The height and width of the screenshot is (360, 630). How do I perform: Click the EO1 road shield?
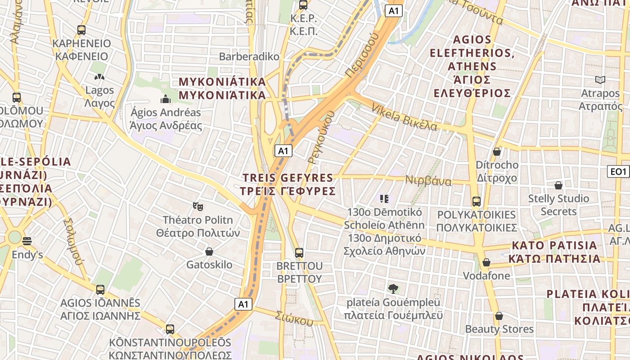(618, 171)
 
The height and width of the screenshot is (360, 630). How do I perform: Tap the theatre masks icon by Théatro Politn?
(198, 207)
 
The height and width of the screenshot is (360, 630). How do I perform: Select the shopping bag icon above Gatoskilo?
(209, 252)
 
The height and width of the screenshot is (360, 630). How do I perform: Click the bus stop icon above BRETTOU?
(299, 252)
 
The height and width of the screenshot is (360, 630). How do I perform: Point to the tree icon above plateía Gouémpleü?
(393, 288)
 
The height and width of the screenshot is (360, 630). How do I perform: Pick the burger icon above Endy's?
(27, 242)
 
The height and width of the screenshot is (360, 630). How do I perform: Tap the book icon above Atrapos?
(600, 80)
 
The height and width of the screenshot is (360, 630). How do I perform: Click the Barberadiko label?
(249, 57)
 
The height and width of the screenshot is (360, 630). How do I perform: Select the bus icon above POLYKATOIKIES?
(476, 201)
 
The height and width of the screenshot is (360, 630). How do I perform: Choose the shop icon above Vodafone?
(486, 262)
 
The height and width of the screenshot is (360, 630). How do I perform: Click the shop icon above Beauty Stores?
(499, 316)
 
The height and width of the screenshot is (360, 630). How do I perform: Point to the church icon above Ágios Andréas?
(166, 99)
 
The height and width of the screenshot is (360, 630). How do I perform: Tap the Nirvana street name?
(428, 180)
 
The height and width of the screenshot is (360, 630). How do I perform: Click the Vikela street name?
(404, 117)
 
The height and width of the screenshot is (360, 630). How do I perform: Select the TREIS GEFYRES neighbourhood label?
(288, 184)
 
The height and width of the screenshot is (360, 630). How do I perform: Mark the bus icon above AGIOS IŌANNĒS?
(100, 290)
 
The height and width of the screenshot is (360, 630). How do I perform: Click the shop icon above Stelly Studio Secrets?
(558, 185)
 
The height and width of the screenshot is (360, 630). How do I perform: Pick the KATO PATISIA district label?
(554, 252)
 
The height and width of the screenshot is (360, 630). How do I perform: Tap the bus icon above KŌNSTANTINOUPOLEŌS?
(170, 329)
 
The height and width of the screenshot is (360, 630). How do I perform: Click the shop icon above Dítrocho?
(497, 152)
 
